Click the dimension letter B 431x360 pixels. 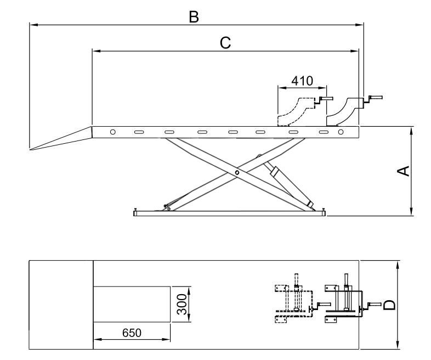(x=194, y=17)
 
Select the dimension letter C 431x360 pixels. (x=225, y=43)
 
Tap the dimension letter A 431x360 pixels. (x=402, y=171)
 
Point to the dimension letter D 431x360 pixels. (x=389, y=303)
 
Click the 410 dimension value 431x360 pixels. (x=302, y=81)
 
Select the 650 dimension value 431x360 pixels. (x=132, y=333)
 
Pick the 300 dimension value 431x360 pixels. (x=183, y=304)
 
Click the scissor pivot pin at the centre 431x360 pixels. (x=236, y=173)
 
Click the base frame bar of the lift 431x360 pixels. (x=230, y=213)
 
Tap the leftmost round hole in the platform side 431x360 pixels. (x=112, y=132)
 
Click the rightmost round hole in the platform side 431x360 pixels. (x=341, y=132)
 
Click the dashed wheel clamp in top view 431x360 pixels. (x=291, y=303)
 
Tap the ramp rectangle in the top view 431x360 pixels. (x=61, y=305)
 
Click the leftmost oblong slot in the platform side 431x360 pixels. (x=139, y=132)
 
